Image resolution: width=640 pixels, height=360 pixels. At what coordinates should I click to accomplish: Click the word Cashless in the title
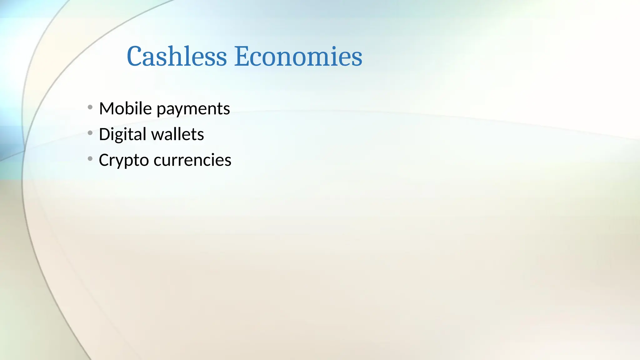click(x=177, y=57)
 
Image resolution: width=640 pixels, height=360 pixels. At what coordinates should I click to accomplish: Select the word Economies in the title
click(x=298, y=57)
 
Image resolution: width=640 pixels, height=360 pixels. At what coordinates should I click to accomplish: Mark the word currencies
click(x=192, y=160)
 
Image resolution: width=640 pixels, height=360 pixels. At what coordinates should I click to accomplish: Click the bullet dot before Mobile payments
click(x=90, y=107)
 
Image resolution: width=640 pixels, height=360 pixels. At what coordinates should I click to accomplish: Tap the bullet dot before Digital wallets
click(x=90, y=133)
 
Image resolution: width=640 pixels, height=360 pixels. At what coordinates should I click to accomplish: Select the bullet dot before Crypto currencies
click(x=90, y=159)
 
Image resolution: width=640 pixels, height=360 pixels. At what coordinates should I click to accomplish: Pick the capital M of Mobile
click(x=106, y=109)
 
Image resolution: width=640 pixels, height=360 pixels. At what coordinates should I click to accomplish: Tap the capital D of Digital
click(x=104, y=134)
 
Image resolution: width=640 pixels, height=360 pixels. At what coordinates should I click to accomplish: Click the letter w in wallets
click(x=158, y=135)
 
